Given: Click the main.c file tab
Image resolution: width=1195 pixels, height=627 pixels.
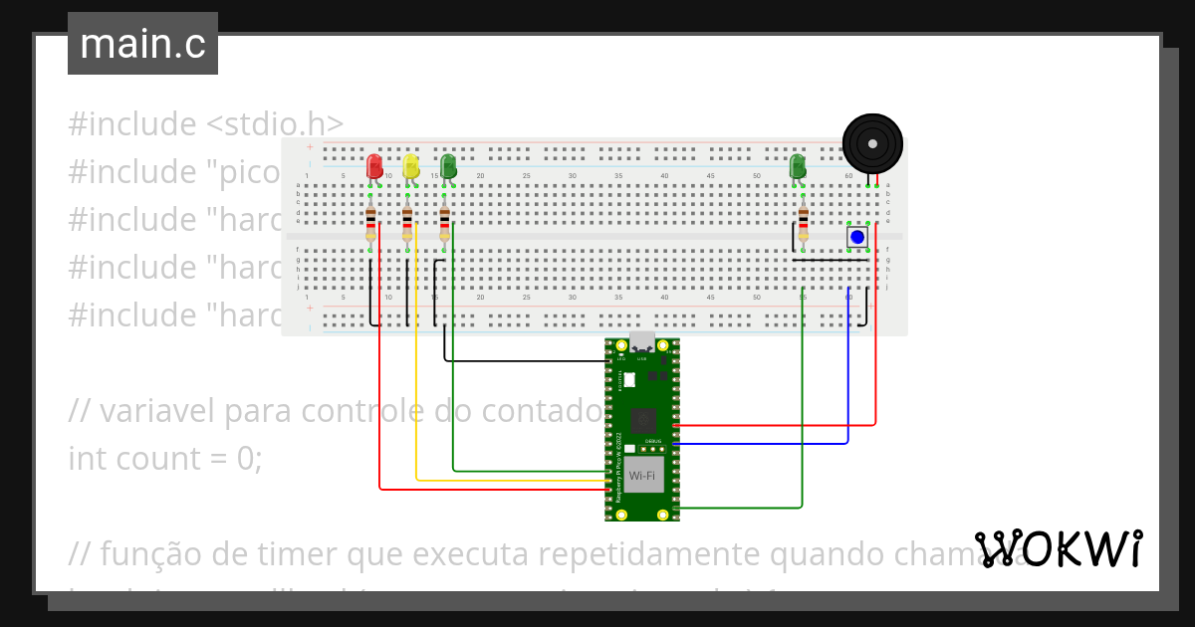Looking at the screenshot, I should (142, 44).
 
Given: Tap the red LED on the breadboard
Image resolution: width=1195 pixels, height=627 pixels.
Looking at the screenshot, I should (374, 166).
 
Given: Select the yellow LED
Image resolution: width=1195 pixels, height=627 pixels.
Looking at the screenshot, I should (411, 166).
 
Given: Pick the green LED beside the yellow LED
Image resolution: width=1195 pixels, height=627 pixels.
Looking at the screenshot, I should (448, 166).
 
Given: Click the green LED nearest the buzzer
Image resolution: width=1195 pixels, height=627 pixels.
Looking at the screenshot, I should (798, 166).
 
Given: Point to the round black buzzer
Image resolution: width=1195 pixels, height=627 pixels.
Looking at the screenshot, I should (872, 145).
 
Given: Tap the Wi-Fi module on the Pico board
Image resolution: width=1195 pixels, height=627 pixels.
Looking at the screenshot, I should (642, 476).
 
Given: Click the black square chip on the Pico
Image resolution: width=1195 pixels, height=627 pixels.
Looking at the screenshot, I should (642, 420).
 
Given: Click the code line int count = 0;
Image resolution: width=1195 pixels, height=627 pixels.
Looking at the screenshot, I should (165, 459).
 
